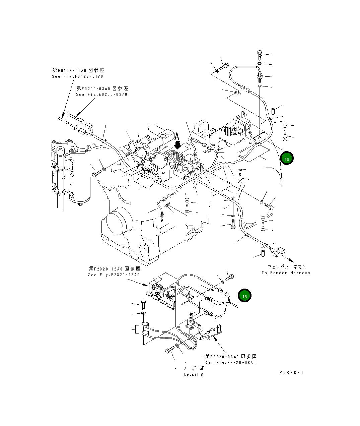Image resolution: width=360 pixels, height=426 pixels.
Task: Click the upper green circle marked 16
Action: coord(287,159)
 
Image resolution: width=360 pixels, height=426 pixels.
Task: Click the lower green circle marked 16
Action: coord(244,296)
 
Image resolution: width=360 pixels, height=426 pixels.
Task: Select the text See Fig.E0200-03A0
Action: coord(102,95)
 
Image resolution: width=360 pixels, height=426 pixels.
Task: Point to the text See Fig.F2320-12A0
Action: coord(114,275)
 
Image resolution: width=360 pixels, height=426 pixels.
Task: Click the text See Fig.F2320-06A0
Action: coord(230,363)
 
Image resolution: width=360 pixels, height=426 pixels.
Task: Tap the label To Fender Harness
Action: coord(286,273)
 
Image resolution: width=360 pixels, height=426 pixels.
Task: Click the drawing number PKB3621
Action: coord(291,372)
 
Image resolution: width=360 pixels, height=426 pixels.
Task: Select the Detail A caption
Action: coord(194,374)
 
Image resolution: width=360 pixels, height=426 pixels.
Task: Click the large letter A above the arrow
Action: coord(177,136)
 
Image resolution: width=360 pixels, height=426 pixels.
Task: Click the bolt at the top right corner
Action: coord(260,54)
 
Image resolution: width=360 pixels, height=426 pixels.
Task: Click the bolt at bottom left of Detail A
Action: coord(169,350)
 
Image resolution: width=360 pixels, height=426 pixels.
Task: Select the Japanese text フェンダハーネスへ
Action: coord(287,267)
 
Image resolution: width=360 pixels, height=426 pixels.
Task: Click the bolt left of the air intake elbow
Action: coord(96,174)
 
